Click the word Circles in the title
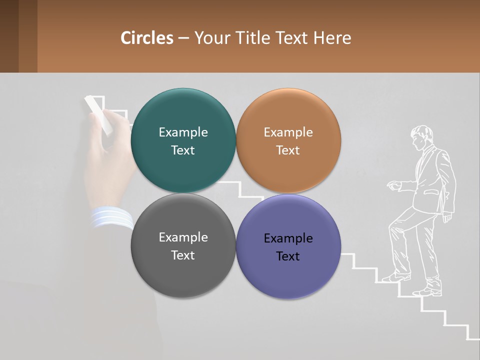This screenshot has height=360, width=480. tap(147, 38)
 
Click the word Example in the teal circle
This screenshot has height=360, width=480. tap(183, 132)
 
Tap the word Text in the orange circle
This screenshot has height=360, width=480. tap(288, 150)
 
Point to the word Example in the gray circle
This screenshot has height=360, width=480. tap(183, 237)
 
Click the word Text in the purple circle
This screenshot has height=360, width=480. tap(288, 256)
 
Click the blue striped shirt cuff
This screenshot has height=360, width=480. tap(111, 218)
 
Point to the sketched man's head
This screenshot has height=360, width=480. tap(421, 136)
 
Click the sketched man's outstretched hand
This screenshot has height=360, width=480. tap(394, 186)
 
